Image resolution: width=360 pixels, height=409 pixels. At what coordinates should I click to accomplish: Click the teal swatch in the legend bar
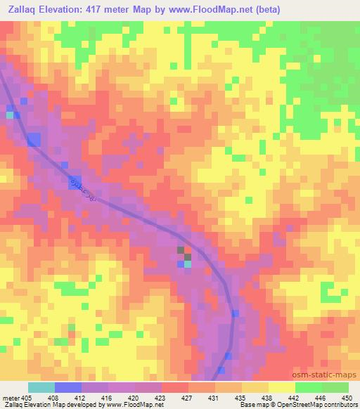[41, 387]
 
